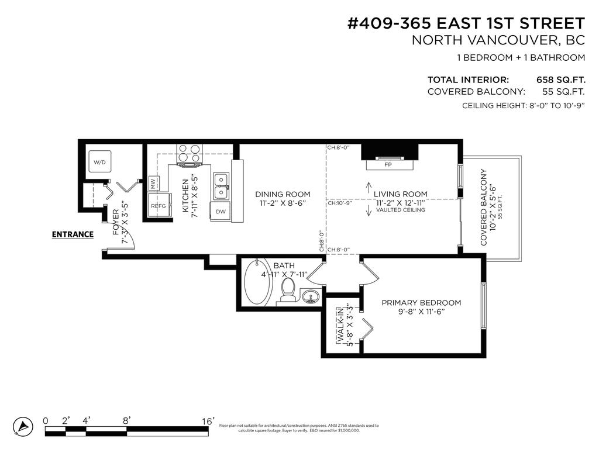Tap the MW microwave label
pos(154,184)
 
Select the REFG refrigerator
pos(159,206)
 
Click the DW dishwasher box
pos(221,212)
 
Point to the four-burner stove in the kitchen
pos(189,153)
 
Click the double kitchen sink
pos(221,185)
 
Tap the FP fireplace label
pos(387,165)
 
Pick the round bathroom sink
pos(312,296)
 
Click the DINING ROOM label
pos(283,194)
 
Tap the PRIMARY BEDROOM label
pos(421,303)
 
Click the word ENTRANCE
pos(73,234)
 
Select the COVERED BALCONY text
pos(484,208)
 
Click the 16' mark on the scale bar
pos(208,421)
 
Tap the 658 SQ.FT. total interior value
pos(560,80)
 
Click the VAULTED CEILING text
pos(401,210)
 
